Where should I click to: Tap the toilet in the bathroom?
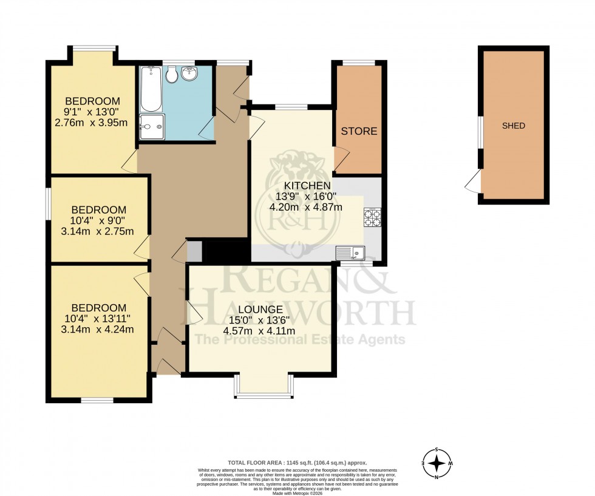point(172,74)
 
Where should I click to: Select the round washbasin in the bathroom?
point(191,74)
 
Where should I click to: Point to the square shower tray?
point(151,127)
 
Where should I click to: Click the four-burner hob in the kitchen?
point(372,217)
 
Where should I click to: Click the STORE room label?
point(359,131)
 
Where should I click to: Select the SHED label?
point(513,126)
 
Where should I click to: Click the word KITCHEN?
point(306,185)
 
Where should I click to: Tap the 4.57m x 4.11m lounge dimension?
point(259,331)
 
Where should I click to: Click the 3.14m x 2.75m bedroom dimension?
point(93,231)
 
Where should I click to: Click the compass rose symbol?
point(437,464)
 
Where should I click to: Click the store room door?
point(339,160)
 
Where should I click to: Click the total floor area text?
point(297,462)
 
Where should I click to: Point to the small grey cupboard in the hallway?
point(194,251)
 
